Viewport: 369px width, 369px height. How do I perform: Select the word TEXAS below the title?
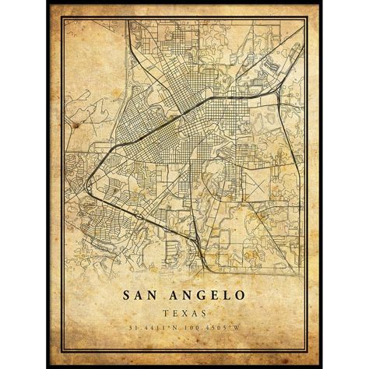coord(184,313)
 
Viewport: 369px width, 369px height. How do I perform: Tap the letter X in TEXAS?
coord(184,313)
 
